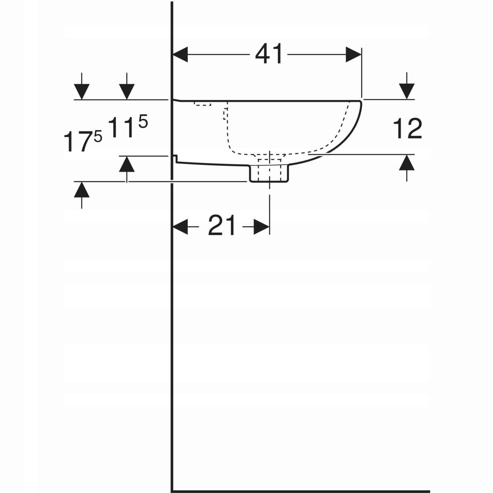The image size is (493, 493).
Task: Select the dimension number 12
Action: pos(407,129)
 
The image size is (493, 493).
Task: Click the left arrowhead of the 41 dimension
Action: pos(180,55)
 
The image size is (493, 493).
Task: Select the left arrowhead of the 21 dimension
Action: pos(180,227)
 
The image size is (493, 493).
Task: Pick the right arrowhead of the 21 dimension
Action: pos(261,227)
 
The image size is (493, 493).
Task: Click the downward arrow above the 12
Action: pos(407,86)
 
